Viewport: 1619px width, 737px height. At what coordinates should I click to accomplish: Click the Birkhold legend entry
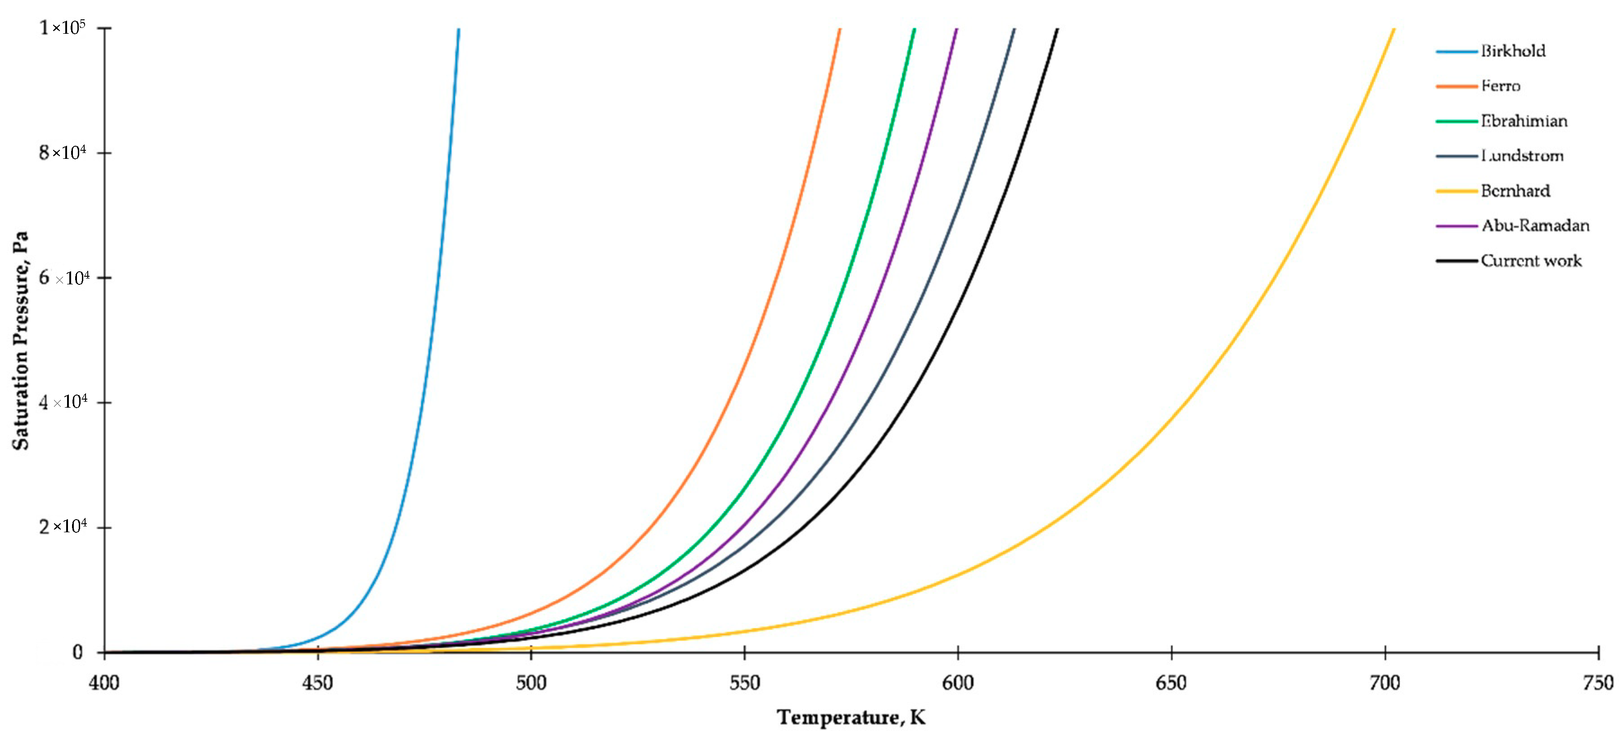tap(1512, 51)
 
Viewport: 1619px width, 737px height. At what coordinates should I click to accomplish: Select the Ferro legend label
tap(1500, 86)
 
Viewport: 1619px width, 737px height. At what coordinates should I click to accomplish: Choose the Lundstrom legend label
tap(1522, 156)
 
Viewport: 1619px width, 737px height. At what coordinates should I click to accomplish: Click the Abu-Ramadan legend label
tap(1535, 225)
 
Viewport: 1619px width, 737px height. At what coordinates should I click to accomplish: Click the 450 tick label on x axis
tap(317, 683)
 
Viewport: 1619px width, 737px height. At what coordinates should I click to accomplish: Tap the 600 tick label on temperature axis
tap(958, 683)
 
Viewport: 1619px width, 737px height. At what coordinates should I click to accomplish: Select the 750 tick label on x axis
tap(1598, 683)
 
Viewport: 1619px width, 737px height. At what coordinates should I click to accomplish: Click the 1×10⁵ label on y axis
tap(62, 27)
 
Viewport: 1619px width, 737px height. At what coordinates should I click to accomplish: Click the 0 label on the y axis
tap(77, 653)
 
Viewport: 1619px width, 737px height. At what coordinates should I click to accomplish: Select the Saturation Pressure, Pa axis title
tap(21, 341)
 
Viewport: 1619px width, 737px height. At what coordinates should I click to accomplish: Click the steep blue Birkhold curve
tap(433, 314)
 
